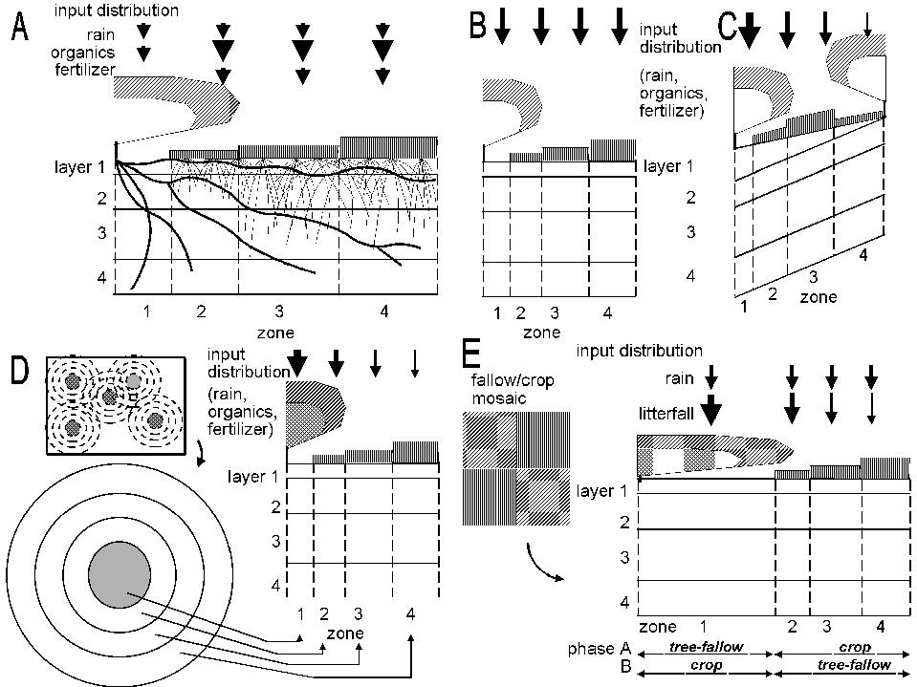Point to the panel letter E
470,354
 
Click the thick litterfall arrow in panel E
710,410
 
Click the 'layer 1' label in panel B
662,166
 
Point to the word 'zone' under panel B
541,332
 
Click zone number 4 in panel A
383,311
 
